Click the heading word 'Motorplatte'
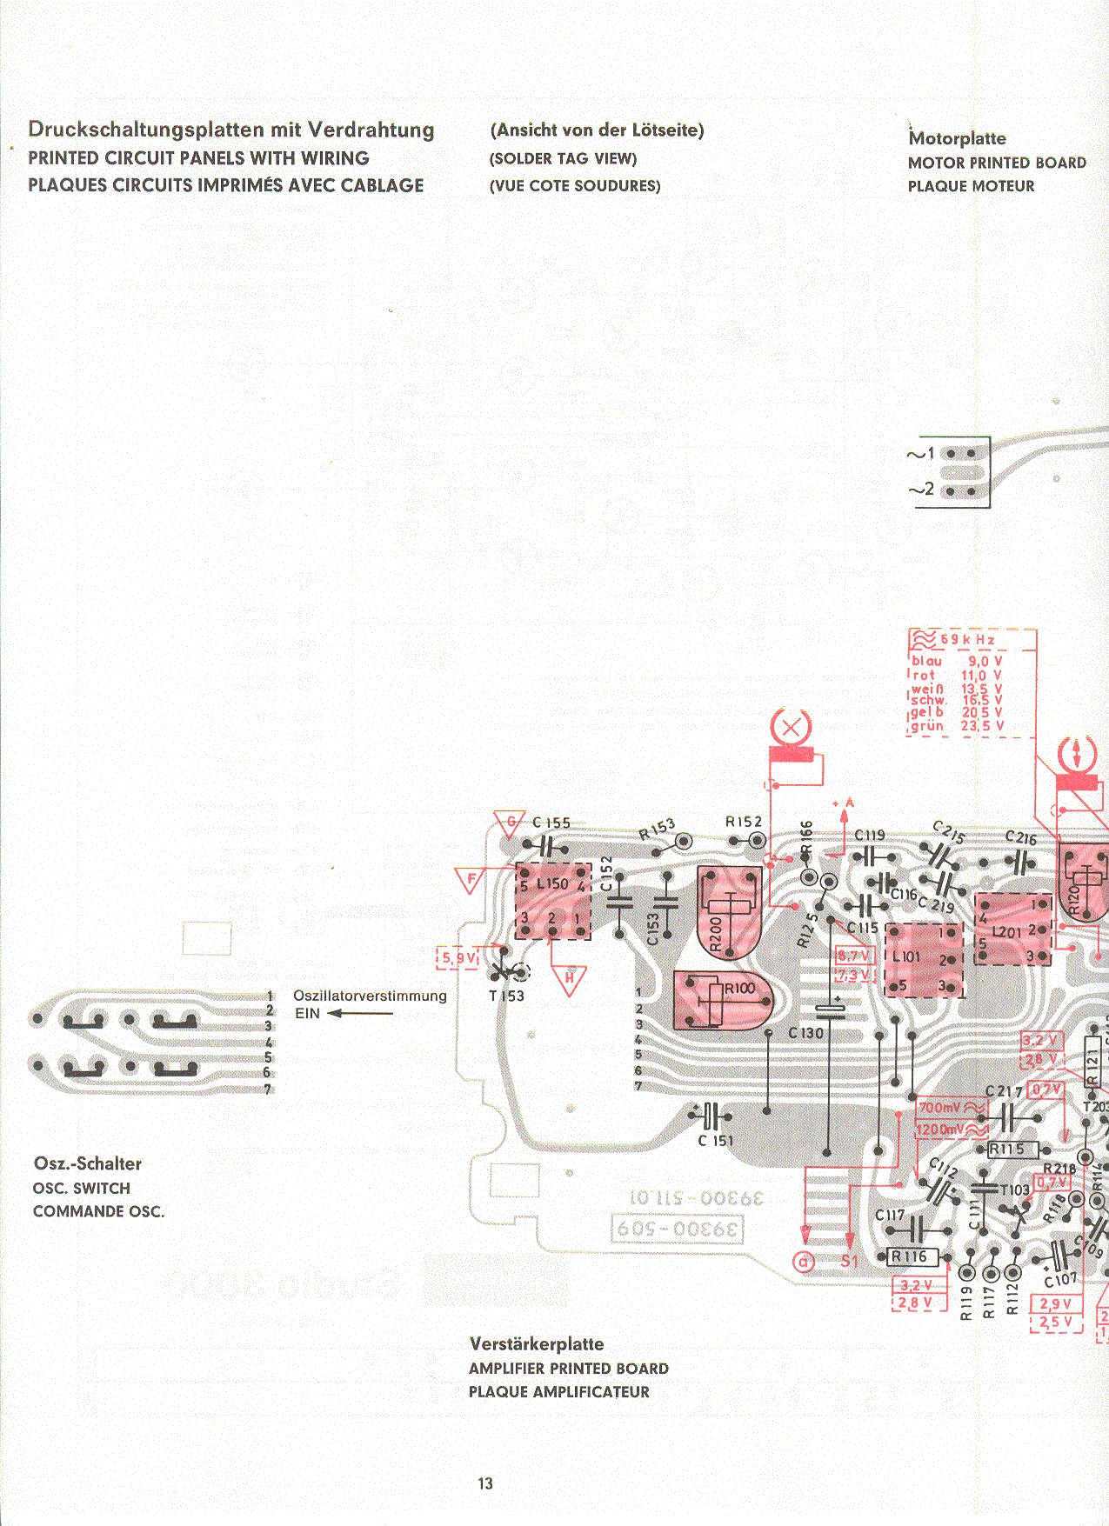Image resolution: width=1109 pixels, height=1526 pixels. pyautogui.click(x=957, y=138)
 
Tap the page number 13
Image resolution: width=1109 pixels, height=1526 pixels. pyautogui.click(x=485, y=1483)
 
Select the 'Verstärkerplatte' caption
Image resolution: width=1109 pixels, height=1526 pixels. pyautogui.click(x=536, y=1343)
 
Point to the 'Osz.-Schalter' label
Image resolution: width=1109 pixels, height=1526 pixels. pyautogui.click(x=87, y=1163)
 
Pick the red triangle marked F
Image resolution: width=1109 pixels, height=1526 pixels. pyautogui.click(x=471, y=879)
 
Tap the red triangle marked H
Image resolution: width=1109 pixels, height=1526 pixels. pyautogui.click(x=570, y=977)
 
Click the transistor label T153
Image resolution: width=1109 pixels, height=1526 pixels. pyautogui.click(x=506, y=996)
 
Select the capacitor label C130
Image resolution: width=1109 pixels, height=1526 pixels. pyautogui.click(x=805, y=1033)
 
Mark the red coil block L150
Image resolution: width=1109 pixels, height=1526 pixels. pyautogui.click(x=554, y=901)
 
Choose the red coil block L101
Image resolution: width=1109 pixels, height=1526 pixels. pyautogui.click(x=924, y=959)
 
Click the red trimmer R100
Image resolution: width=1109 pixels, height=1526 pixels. pyautogui.click(x=724, y=1001)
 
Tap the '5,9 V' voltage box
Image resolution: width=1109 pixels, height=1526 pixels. pyautogui.click(x=458, y=958)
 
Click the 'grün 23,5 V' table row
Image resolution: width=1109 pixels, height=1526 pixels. pyautogui.click(x=957, y=726)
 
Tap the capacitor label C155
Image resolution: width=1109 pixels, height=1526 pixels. pyautogui.click(x=551, y=823)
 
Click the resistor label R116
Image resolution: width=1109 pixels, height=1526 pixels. pyautogui.click(x=910, y=1256)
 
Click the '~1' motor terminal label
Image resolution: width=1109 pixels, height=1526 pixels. pyautogui.click(x=921, y=453)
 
